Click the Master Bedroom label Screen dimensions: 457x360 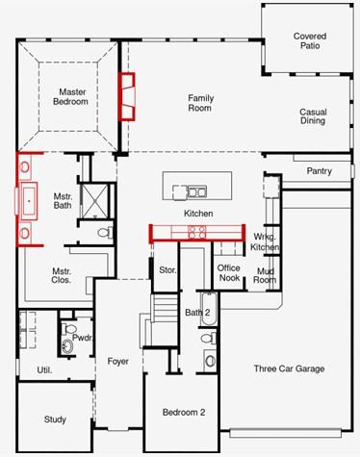tap(69, 96)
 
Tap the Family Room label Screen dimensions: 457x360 tap(200, 103)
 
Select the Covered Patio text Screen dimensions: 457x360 tap(310, 41)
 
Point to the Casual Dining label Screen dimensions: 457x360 tap(313, 117)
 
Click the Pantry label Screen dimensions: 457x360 tap(319, 171)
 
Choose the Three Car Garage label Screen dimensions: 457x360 tap(289, 368)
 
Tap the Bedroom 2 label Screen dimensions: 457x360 tap(184, 413)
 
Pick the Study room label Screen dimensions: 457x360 tap(55, 419)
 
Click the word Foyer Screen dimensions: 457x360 tap(117, 362)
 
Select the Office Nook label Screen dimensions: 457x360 tap(228, 272)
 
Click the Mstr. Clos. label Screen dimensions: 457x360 tap(63, 275)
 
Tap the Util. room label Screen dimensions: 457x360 tap(44, 369)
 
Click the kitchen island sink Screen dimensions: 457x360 tap(198, 190)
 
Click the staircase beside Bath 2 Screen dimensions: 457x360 tap(166, 312)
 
